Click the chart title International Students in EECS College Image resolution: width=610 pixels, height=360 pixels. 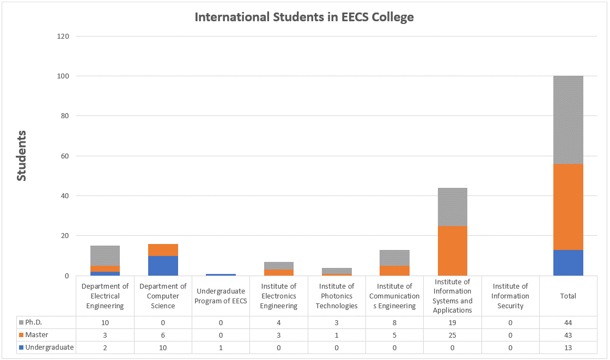(304, 17)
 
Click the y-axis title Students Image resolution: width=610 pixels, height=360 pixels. (21, 156)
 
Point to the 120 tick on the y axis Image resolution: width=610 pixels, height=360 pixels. (63, 36)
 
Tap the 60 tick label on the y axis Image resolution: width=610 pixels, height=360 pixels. (65, 156)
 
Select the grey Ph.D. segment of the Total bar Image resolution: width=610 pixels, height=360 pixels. (569, 120)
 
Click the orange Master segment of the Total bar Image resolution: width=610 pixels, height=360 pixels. (569, 207)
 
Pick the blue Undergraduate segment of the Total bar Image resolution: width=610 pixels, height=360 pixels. (569, 263)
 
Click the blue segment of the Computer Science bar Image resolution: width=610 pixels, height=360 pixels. (163, 265)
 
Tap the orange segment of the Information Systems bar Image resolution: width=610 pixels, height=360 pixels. (453, 251)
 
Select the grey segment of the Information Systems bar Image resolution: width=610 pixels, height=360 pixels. (453, 207)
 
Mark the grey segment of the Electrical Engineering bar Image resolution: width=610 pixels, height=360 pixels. (105, 255)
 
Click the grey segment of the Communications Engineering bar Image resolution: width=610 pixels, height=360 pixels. (395, 258)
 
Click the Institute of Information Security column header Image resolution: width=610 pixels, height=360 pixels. (510, 296)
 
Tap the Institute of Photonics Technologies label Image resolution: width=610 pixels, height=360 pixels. (337, 296)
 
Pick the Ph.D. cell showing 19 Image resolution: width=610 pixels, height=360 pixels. (453, 322)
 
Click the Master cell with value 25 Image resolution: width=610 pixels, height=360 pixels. (453, 335)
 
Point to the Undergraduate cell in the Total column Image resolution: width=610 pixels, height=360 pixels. (569, 347)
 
